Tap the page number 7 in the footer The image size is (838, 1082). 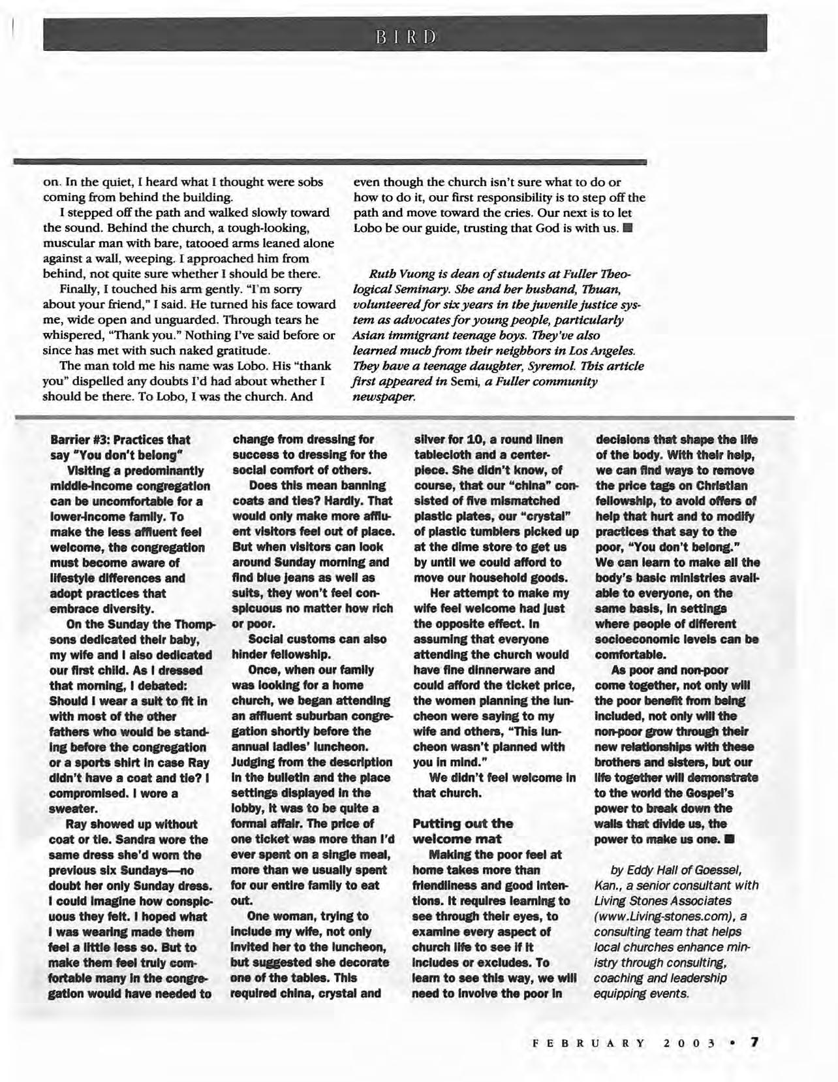pos(755,1041)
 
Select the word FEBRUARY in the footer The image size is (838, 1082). pos(589,1042)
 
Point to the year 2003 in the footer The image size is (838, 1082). pos(687,1042)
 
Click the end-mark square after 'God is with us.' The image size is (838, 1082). pos(627,228)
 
